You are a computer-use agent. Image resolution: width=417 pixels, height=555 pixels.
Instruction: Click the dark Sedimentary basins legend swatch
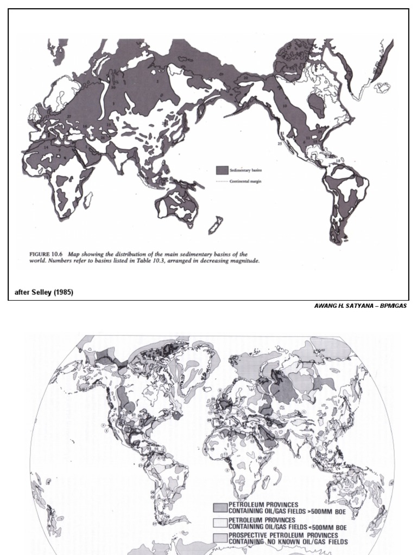pyautogui.click(x=222, y=170)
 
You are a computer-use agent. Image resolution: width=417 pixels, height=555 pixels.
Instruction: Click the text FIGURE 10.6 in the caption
pyautogui.click(x=44, y=254)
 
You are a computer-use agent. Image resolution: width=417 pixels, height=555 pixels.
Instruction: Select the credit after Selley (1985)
pyautogui.click(x=43, y=293)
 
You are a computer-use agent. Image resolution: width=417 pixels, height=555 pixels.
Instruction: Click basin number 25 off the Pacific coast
pyautogui.click(x=280, y=144)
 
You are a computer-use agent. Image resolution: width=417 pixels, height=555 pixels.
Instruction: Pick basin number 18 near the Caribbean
pyautogui.click(x=338, y=161)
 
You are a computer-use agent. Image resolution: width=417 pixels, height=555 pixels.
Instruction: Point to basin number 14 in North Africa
pyautogui.click(x=46, y=147)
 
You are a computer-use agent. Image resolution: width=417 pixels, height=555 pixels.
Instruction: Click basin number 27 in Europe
pyautogui.click(x=69, y=116)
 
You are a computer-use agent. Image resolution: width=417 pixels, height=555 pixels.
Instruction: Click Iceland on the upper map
pyautogui.click(x=383, y=87)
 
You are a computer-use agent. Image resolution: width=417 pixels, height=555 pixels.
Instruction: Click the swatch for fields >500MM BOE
pyautogui.click(x=220, y=507)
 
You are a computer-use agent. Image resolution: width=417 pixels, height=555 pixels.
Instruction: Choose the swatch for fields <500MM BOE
pyautogui.click(x=220, y=522)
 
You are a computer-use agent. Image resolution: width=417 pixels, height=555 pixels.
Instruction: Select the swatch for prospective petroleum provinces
pyautogui.click(x=220, y=538)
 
